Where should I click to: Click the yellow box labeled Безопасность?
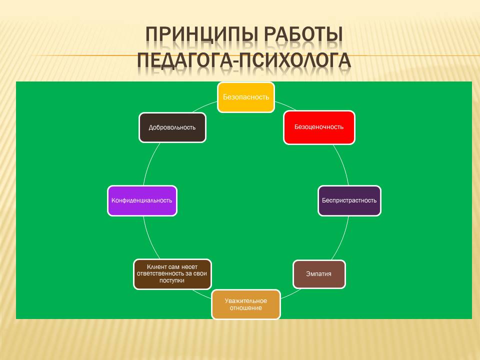point(245,97)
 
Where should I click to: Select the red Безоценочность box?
point(319,127)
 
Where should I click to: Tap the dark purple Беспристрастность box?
point(349,200)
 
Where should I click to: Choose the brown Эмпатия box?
point(319,274)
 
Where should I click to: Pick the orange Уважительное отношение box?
point(245,304)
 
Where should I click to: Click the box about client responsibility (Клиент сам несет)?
point(172,274)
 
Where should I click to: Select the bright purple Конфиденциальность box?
point(142,200)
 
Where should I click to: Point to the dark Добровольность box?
point(172,127)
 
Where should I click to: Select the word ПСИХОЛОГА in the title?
point(294,59)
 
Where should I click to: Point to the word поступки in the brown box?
point(172,281)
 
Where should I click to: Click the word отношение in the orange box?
point(245,308)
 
